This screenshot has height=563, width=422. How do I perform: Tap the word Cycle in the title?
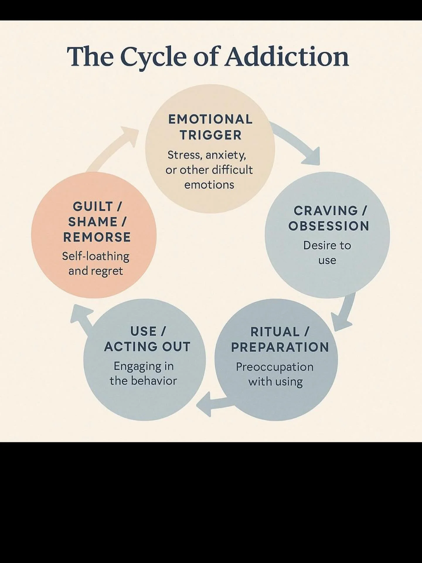[x=153, y=56]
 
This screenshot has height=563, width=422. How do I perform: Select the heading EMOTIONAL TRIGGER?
[x=210, y=127]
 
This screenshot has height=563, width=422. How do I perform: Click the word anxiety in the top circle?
[x=225, y=155]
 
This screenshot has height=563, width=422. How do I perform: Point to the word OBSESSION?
[x=329, y=226]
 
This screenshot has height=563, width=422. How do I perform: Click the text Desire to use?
[x=327, y=252]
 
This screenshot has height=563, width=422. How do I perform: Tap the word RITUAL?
[x=275, y=332]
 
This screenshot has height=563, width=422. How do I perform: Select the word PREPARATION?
[x=280, y=347]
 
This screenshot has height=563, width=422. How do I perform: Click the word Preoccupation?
[x=275, y=367]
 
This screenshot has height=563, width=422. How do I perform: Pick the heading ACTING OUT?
[x=147, y=347]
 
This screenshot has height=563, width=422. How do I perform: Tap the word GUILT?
[x=93, y=207]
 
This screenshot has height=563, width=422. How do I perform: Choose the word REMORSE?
[x=97, y=237]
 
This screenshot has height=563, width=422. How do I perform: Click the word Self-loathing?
[x=96, y=256]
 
